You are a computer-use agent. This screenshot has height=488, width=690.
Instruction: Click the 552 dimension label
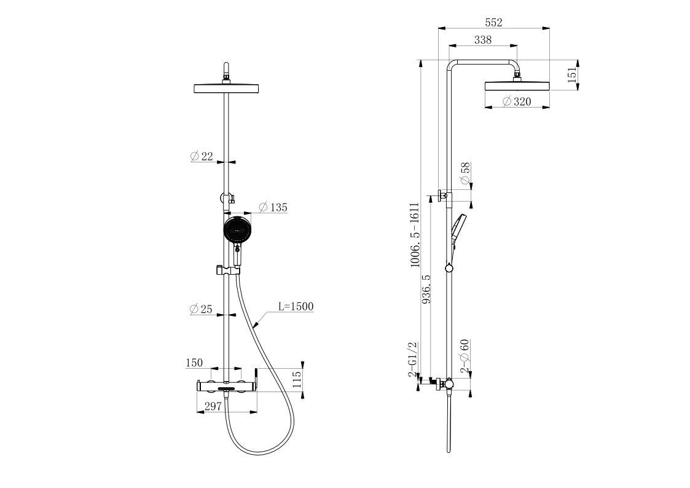[x=493, y=23]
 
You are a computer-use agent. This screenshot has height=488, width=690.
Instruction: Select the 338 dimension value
[x=483, y=39]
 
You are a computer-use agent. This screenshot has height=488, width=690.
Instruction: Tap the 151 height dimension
[x=571, y=75]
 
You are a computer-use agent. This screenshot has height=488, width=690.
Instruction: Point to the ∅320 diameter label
[x=517, y=101]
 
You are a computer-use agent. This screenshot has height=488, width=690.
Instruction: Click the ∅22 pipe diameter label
[x=202, y=155]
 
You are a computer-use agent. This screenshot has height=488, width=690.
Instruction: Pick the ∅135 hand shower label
[x=273, y=207]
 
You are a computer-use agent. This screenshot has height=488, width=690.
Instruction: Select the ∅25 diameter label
[x=201, y=309]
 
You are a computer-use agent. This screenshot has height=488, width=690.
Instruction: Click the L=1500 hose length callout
[x=296, y=306]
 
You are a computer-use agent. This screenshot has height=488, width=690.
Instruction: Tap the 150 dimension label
[x=194, y=363]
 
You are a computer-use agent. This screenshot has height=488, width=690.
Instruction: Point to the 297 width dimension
[x=213, y=407]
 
